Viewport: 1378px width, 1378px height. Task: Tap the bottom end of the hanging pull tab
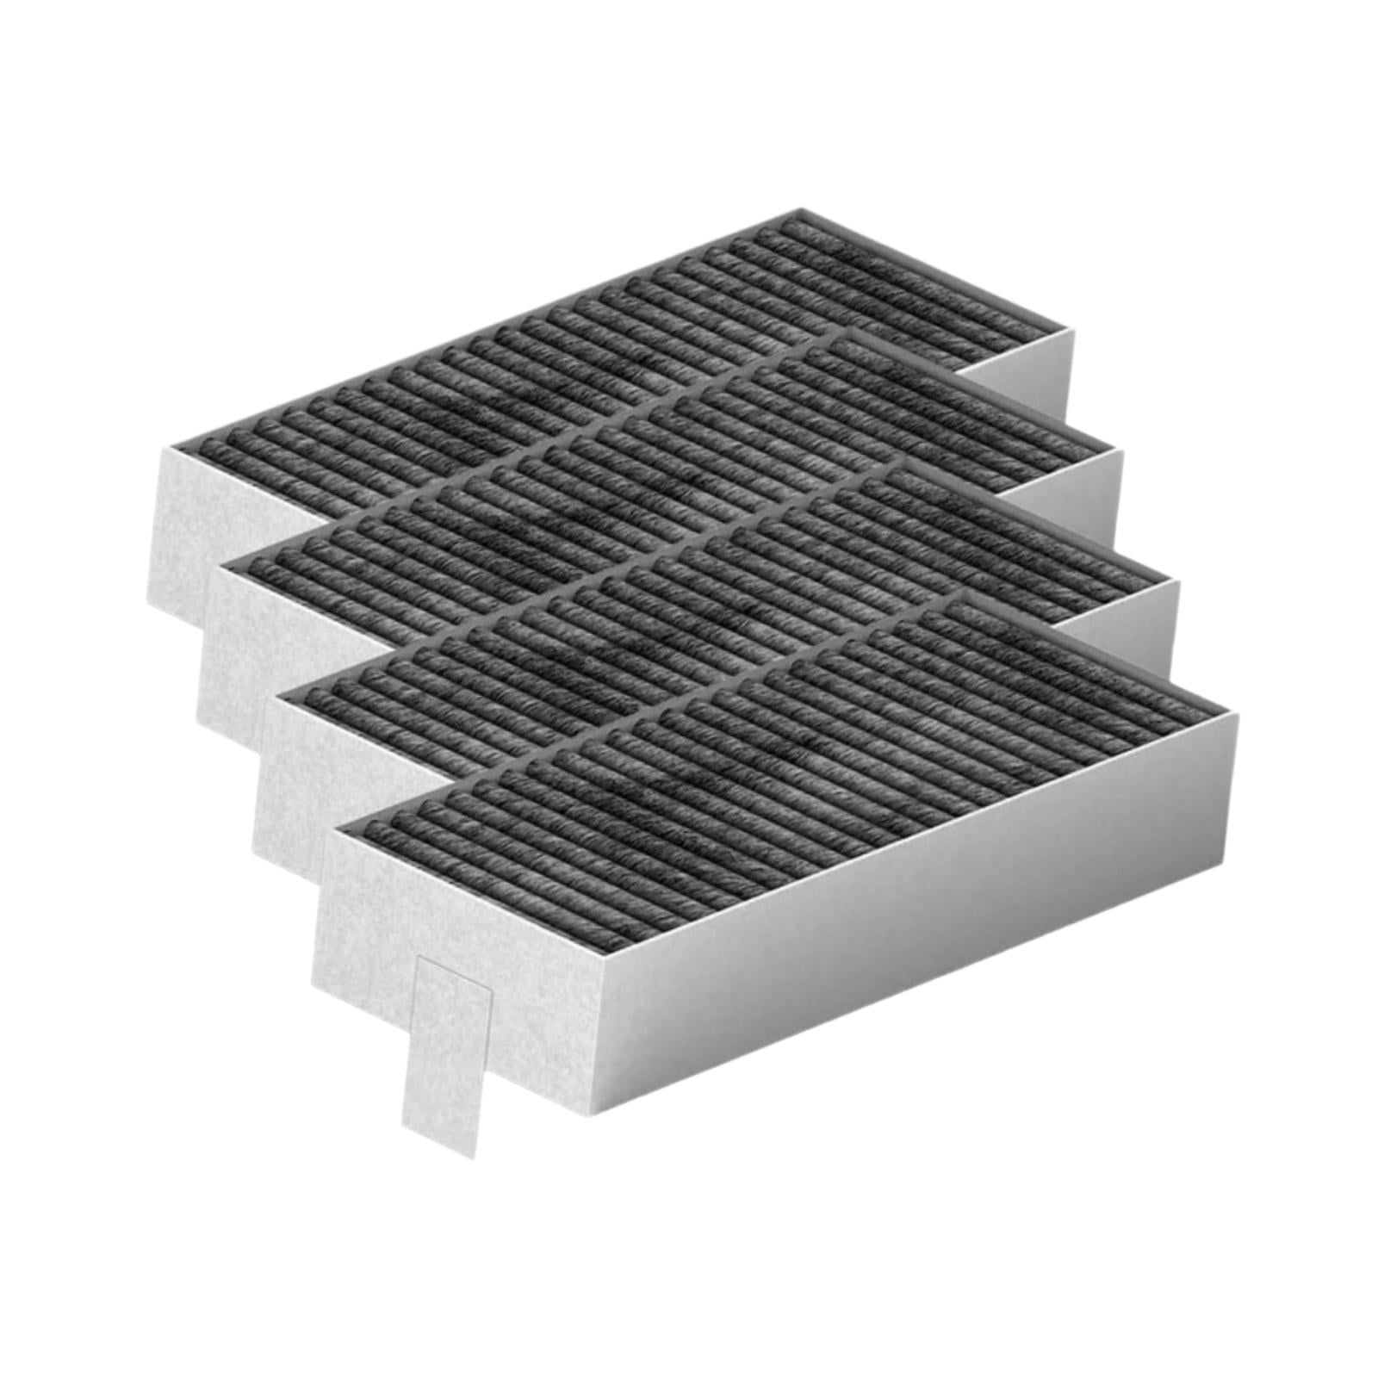click(x=438, y=1141)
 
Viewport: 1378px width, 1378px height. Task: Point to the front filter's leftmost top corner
click(x=332, y=829)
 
